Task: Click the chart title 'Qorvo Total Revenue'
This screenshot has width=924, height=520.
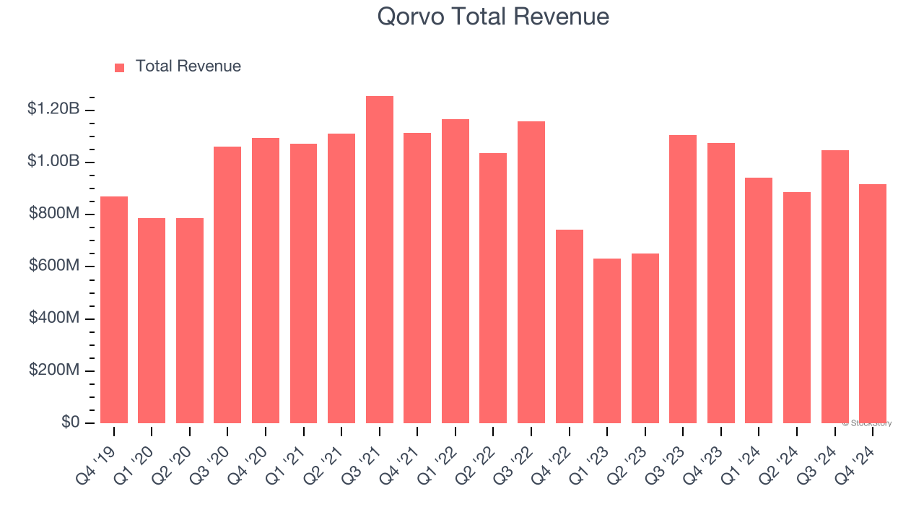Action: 493,17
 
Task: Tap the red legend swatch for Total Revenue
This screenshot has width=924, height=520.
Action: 120,67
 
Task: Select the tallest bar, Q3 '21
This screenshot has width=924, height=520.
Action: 380,260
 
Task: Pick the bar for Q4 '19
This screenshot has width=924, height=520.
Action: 114,310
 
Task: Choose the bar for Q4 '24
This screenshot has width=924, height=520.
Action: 873,303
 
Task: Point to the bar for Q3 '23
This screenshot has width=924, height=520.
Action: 683,279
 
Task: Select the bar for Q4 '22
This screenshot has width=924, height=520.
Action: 570,326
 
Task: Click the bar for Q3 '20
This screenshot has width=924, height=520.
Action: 227,285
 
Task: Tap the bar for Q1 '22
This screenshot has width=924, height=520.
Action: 456,271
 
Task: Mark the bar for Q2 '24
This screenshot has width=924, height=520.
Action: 797,308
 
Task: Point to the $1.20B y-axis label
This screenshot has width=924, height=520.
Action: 53,110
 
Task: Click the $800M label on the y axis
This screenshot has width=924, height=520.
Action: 53,214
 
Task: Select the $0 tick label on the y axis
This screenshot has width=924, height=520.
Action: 71,422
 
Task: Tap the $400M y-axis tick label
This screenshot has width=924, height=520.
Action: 53,318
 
